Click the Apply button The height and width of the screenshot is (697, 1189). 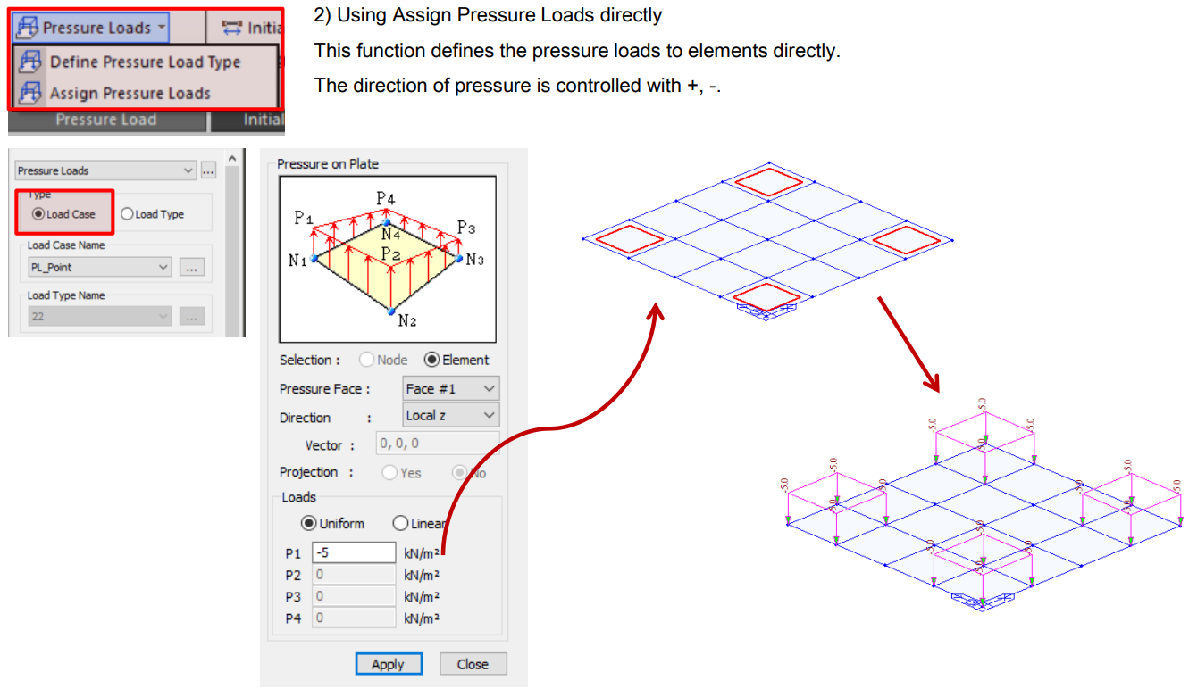point(388,664)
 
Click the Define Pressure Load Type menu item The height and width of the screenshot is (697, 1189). point(144,62)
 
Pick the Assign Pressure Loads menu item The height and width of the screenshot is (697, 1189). point(129,93)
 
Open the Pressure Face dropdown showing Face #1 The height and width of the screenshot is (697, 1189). point(450,388)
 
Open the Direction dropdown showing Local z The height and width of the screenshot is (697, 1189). point(450,415)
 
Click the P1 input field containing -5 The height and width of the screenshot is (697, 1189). point(354,553)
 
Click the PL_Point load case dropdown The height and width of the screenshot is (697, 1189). point(99,267)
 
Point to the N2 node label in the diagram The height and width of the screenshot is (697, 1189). point(406,320)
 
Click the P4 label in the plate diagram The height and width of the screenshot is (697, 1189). point(385,198)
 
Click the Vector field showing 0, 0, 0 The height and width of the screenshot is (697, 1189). point(437,444)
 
